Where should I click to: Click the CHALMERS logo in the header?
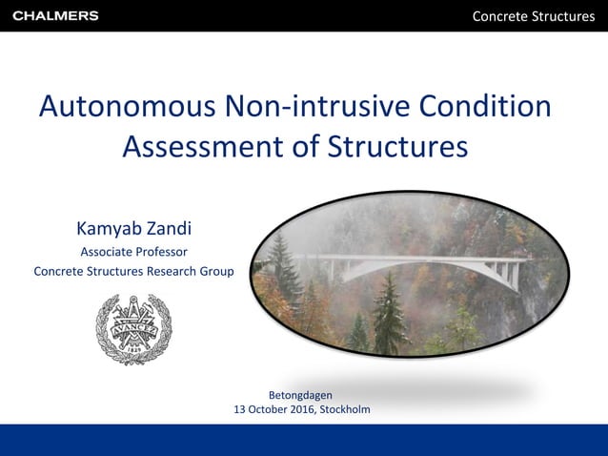[55, 16]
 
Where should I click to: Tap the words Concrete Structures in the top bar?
[534, 16]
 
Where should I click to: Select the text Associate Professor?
[133, 253]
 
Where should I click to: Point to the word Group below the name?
[215, 271]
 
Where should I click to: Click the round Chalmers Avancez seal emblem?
[133, 329]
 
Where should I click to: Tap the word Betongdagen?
[301, 394]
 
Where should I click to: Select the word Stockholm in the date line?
[345, 409]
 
